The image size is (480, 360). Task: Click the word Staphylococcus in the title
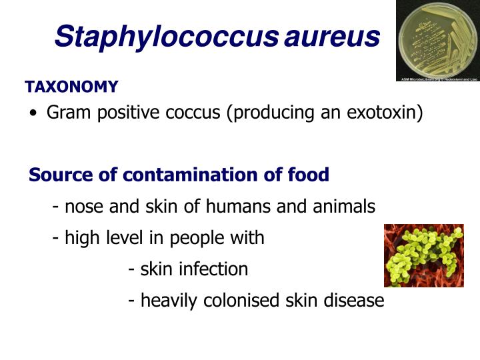[x=165, y=37]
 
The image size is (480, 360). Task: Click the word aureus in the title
[x=332, y=37]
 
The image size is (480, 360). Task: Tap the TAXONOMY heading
[x=71, y=87]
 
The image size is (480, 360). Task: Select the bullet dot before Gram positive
[x=33, y=113]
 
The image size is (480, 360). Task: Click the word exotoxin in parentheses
[x=383, y=113]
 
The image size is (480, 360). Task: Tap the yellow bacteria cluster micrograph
[x=424, y=255]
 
